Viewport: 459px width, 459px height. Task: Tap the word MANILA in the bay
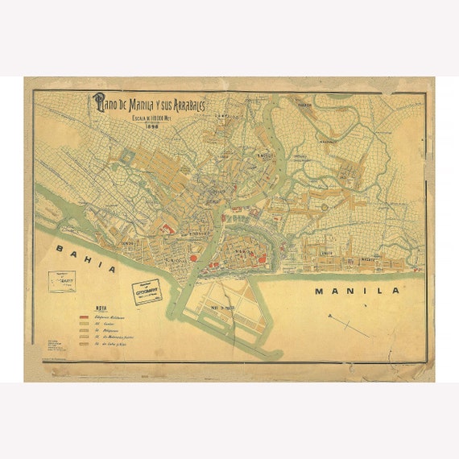pos(357,291)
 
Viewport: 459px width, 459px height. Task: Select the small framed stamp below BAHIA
pos(61,281)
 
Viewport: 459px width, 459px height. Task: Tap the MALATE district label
pos(367,258)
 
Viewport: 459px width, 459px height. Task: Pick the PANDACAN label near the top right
pos(305,105)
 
